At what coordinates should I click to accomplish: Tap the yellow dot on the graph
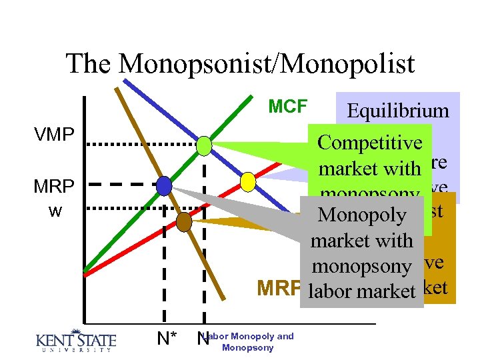(247, 181)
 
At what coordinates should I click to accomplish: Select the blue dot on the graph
(164, 186)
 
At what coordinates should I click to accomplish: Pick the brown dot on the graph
(183, 221)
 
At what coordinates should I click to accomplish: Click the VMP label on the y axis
(54, 135)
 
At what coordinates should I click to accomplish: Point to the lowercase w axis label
(55, 211)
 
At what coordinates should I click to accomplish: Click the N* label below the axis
(167, 339)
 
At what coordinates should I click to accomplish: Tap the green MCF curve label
(287, 106)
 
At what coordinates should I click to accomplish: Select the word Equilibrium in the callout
(398, 111)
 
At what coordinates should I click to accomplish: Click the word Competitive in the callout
(370, 143)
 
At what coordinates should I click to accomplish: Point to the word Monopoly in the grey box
(361, 215)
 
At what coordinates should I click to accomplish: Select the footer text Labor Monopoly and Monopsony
(248, 342)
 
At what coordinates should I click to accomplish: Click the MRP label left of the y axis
(54, 186)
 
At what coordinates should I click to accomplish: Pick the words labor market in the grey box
(363, 291)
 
